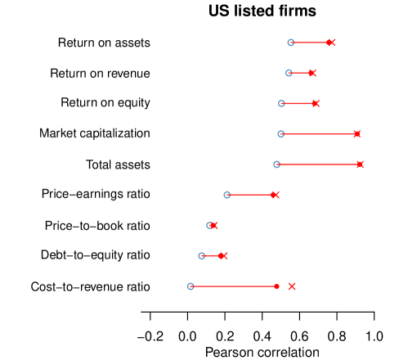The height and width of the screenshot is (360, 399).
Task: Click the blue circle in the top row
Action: point(290,43)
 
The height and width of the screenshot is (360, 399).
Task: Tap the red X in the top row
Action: point(331,43)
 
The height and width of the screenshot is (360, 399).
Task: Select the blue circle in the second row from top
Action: point(289,73)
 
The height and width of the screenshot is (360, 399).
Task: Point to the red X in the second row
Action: point(312,73)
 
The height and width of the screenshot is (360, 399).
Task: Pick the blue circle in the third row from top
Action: point(281,103)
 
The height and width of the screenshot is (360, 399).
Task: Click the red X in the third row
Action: point(316,103)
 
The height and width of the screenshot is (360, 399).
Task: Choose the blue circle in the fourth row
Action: point(280,134)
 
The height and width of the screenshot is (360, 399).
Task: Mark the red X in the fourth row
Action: point(357,134)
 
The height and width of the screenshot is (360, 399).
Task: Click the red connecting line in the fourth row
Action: point(319,134)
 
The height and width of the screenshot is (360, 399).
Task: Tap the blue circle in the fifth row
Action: point(276,164)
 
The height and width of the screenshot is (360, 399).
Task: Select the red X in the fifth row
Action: point(361,164)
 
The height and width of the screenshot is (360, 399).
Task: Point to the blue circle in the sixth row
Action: point(226,195)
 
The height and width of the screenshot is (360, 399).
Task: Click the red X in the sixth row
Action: point(276,195)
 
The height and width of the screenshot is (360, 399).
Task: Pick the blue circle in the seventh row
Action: point(209,225)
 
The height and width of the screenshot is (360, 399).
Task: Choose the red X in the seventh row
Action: point(214,225)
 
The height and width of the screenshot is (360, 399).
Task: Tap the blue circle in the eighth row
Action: point(201,255)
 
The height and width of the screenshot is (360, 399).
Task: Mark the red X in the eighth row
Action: point(224,255)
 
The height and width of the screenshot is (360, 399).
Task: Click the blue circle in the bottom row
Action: point(191,286)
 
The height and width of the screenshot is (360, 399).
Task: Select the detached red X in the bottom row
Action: point(292,286)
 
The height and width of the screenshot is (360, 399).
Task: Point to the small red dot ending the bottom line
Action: point(277,286)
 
